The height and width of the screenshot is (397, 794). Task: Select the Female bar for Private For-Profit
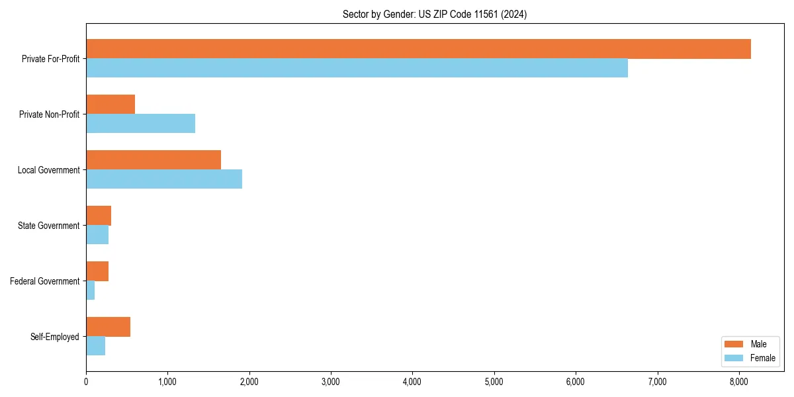pos(357,68)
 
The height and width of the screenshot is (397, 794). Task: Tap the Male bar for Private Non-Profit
pos(110,105)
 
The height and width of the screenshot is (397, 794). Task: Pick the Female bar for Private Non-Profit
pos(140,124)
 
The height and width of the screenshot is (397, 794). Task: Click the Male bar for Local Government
pos(154,160)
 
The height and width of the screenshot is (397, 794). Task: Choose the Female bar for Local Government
pos(164,179)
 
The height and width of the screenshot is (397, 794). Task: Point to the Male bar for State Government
pos(99,216)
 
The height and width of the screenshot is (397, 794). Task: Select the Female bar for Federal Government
pos(91,290)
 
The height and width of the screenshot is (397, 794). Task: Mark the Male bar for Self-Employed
pos(108,327)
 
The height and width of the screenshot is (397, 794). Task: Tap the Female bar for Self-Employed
pos(95,346)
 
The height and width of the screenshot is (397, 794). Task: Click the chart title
pos(435,14)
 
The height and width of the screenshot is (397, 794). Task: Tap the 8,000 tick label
pos(739,382)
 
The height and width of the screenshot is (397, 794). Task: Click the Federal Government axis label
pos(45,281)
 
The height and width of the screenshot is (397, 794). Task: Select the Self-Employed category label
pos(55,337)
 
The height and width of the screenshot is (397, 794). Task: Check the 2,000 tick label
pos(249,382)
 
